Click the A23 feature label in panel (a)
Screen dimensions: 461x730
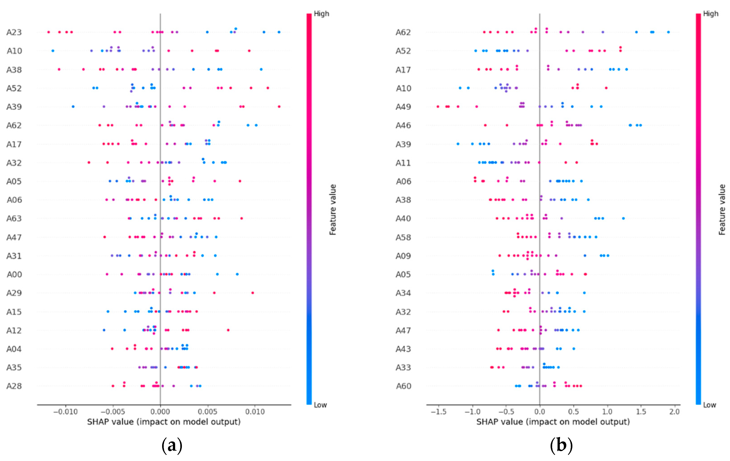(14, 32)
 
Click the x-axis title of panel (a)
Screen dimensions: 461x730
(164, 422)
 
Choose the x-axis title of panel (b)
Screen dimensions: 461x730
(553, 422)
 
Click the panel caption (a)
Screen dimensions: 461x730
(172, 445)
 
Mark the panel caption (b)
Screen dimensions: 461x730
(561, 445)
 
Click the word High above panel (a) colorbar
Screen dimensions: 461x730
(321, 14)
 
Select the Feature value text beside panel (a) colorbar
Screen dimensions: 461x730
(333, 209)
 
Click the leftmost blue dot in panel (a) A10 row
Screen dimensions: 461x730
(53, 51)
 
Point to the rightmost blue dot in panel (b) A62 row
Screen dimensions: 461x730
(668, 32)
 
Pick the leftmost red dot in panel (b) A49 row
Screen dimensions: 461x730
(438, 107)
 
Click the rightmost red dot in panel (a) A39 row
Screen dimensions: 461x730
(279, 107)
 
